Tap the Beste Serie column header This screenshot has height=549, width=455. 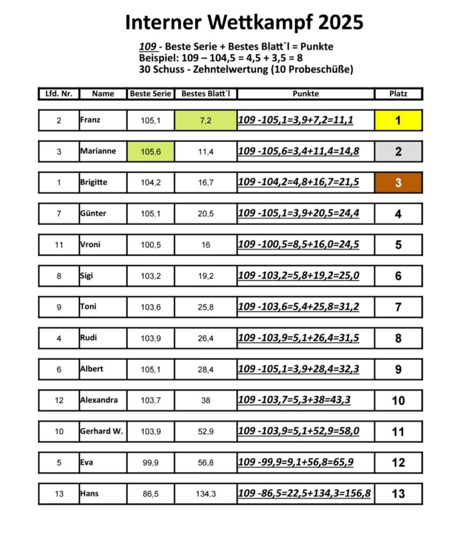click(151, 94)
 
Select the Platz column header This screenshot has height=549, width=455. click(398, 94)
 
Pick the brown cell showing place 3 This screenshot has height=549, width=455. click(398, 183)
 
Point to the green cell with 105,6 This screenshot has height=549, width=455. click(151, 152)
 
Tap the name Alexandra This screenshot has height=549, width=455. click(99, 400)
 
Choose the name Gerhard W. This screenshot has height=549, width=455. click(101, 431)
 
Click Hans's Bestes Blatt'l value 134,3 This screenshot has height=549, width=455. click(205, 494)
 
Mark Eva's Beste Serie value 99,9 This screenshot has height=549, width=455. click(151, 463)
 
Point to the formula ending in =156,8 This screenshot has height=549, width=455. click(304, 493)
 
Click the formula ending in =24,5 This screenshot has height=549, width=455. click(299, 244)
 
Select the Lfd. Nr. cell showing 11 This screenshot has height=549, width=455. click(59, 245)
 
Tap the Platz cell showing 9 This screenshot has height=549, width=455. click(398, 369)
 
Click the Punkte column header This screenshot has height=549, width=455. click(305, 94)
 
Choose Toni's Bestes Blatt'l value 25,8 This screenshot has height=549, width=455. click(205, 307)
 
